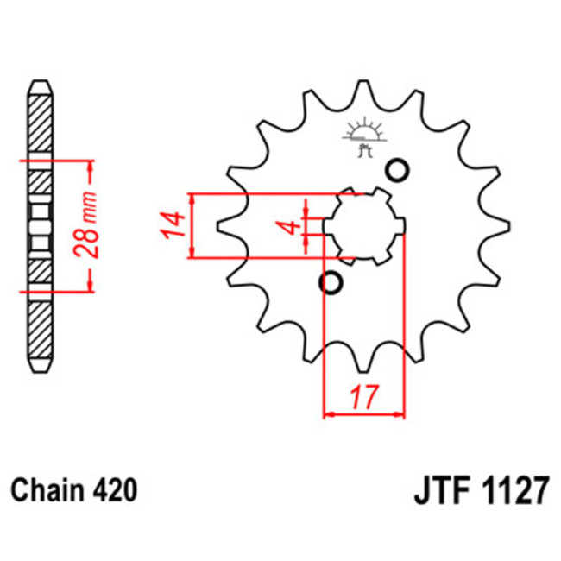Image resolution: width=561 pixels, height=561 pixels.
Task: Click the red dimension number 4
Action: (x=292, y=228)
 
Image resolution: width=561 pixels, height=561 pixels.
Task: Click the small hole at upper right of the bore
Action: (x=398, y=171)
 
